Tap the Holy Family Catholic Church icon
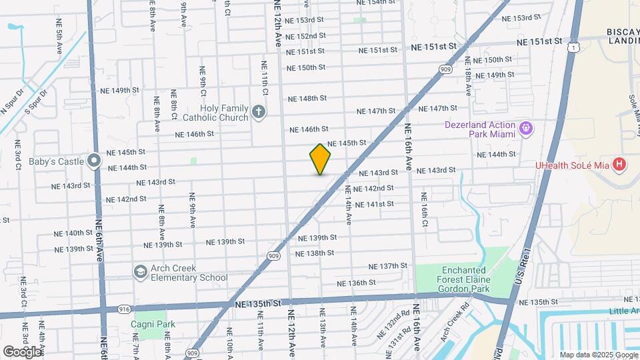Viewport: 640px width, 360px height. pyautogui.click(x=259, y=112)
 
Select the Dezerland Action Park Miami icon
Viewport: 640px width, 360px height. pyautogui.click(x=525, y=127)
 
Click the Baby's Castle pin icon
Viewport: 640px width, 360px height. pyautogui.click(x=95, y=161)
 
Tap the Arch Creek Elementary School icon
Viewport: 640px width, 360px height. pyautogui.click(x=141, y=271)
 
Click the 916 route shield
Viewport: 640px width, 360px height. pyautogui.click(x=124, y=310)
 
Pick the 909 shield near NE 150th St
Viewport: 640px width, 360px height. pyautogui.click(x=446, y=69)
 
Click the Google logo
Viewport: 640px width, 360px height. pyautogui.click(x=22, y=351)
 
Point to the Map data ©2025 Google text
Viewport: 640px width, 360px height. pyautogui.click(x=598, y=355)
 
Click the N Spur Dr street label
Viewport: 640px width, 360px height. pyautogui.click(x=11, y=101)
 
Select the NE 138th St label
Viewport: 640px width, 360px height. pyautogui.click(x=314, y=254)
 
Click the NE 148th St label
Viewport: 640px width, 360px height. pyautogui.click(x=307, y=99)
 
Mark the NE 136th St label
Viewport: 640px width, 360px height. pyautogui.click(x=366, y=283)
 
